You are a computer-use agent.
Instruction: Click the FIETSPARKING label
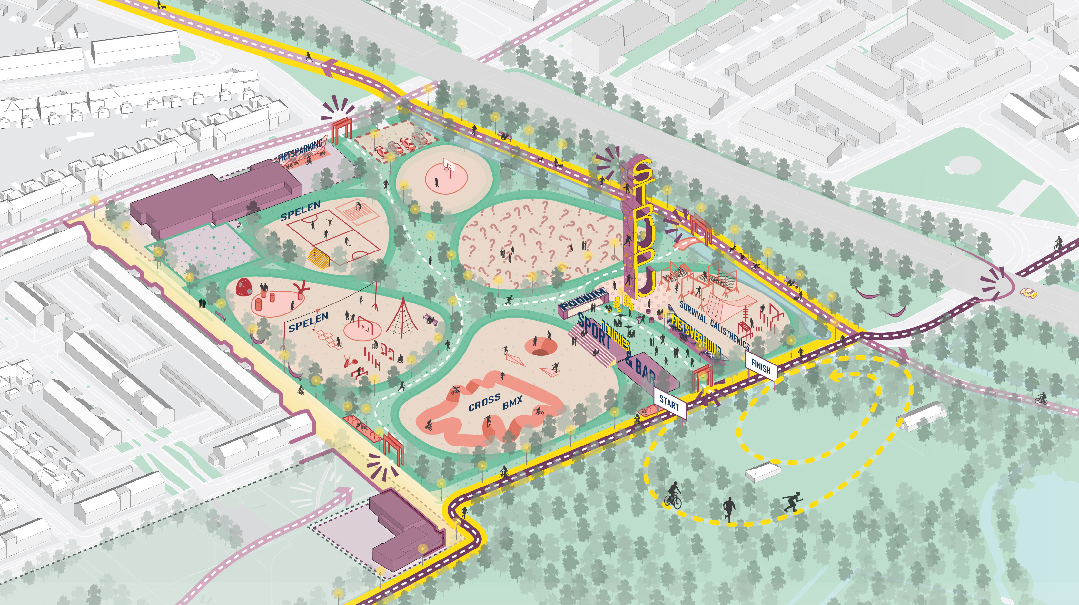300,150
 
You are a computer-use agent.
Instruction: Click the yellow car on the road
1028,292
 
